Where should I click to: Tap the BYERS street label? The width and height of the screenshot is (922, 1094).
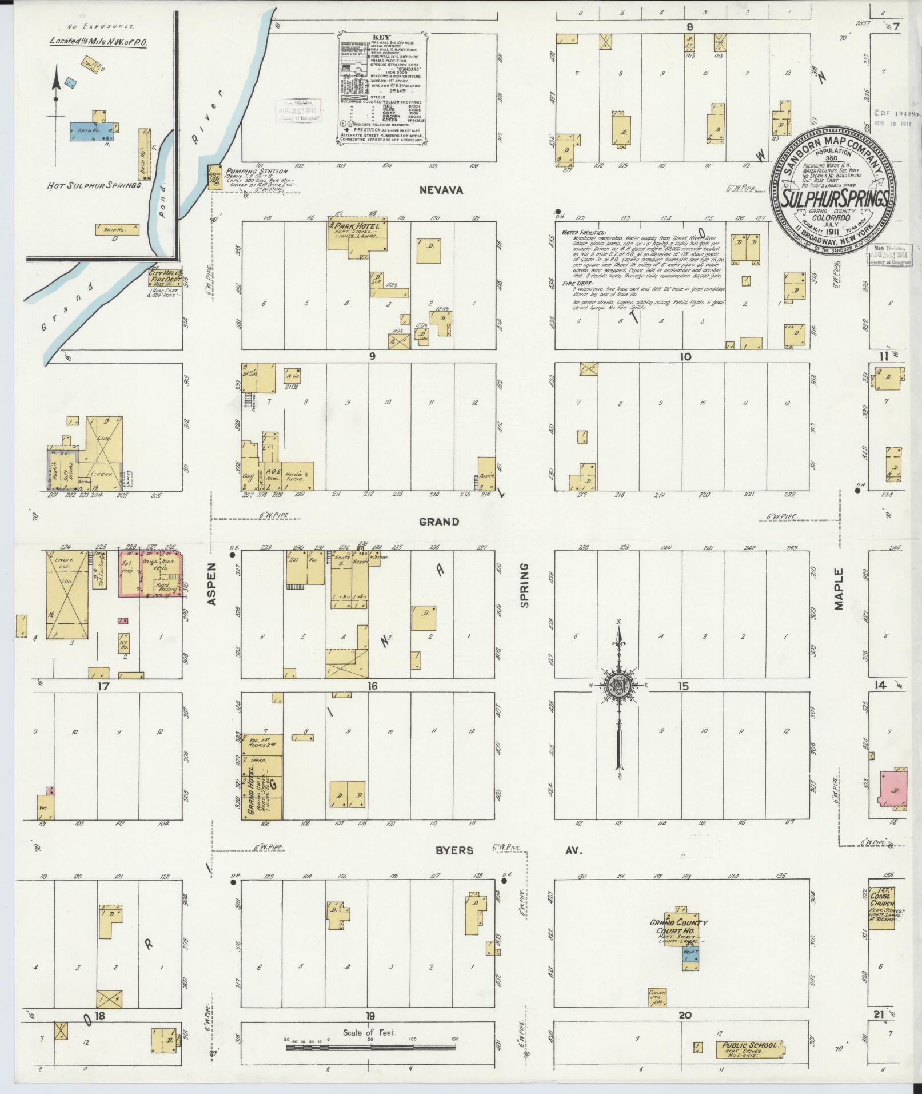pyautogui.click(x=455, y=850)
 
